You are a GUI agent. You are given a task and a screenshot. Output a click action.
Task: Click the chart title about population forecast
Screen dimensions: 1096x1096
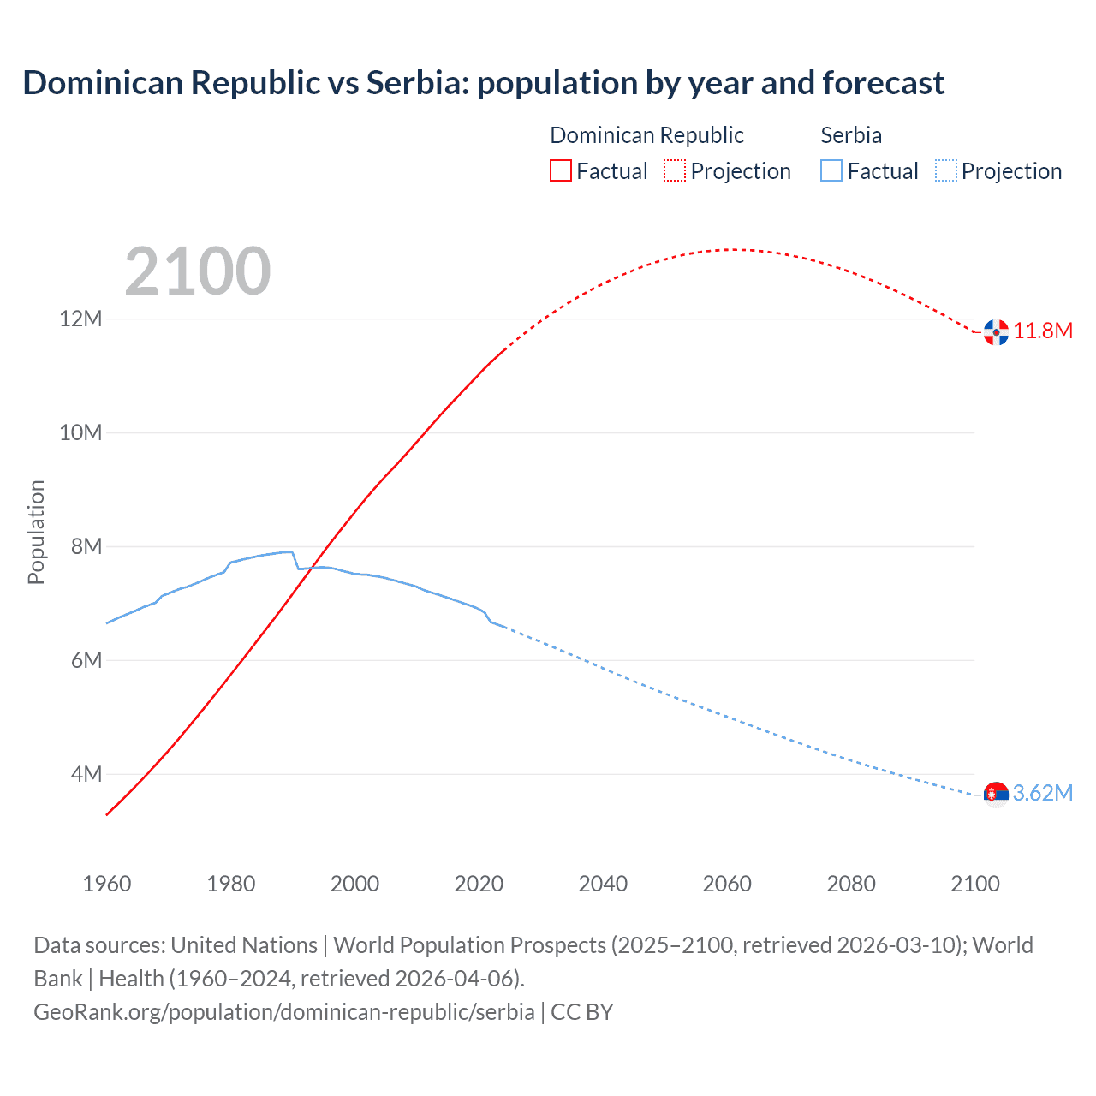(x=484, y=83)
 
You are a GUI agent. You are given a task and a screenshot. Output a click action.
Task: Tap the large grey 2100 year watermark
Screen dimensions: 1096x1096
(x=198, y=271)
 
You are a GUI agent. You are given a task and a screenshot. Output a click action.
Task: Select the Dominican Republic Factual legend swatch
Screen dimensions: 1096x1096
(x=560, y=170)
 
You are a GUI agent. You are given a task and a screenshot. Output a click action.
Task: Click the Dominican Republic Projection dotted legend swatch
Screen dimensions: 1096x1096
(x=675, y=170)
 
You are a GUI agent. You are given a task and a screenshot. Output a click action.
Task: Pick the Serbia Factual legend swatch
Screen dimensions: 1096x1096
(x=831, y=170)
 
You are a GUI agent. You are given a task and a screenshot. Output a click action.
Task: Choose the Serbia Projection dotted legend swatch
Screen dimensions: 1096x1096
(x=946, y=170)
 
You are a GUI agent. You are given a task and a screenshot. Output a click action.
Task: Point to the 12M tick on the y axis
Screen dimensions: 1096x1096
(x=80, y=319)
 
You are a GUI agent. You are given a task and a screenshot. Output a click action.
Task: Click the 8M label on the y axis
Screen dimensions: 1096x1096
(x=86, y=546)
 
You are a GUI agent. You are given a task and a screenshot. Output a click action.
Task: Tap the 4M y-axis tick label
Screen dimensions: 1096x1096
(x=86, y=774)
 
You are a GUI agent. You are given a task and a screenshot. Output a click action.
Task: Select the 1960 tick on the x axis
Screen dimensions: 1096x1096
(x=107, y=884)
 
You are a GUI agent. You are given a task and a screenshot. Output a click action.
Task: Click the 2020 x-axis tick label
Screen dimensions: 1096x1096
(x=479, y=884)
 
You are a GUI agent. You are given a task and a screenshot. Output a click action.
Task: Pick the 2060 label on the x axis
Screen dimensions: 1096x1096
(x=727, y=884)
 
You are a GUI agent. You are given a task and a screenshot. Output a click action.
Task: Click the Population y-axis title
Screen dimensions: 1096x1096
(x=36, y=532)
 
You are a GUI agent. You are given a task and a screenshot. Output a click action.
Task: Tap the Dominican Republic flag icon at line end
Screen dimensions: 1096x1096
(x=996, y=332)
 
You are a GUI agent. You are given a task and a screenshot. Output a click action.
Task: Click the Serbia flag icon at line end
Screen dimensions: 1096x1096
(x=996, y=795)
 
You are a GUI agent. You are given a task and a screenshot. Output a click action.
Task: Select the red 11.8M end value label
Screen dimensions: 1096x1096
(x=1043, y=331)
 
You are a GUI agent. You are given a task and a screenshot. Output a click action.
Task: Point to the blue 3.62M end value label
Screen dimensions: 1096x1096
(x=1043, y=794)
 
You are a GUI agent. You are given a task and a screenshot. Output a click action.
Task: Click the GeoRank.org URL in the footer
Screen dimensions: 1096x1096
(x=284, y=1012)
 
